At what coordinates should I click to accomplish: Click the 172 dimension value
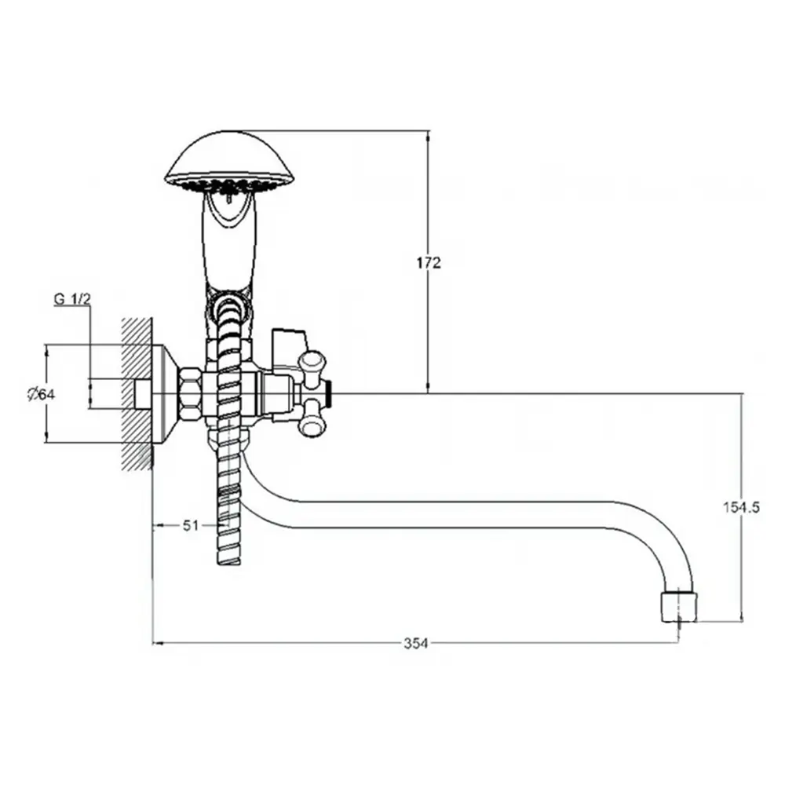(429, 263)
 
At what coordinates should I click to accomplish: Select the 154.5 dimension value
(741, 507)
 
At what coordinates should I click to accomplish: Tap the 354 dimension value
(416, 644)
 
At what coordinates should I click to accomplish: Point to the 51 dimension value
(191, 525)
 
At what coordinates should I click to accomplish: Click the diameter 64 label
(41, 395)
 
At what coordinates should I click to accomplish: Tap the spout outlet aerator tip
(679, 606)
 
